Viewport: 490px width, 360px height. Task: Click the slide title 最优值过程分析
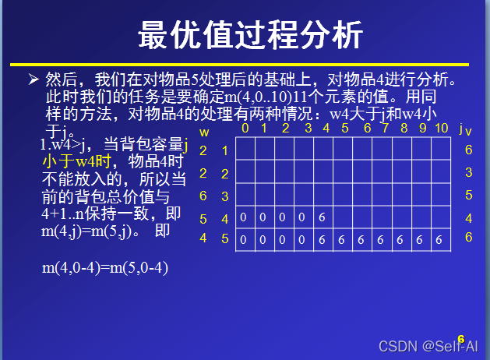pos(250,35)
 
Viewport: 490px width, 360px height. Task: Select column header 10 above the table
pos(441,128)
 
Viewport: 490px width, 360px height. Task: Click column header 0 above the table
pos(245,128)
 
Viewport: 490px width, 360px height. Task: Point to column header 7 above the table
pos(366,128)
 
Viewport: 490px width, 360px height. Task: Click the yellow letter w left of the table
pos(204,132)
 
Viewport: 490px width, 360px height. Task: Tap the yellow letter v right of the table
pos(469,132)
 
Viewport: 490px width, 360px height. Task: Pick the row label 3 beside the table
pos(225,196)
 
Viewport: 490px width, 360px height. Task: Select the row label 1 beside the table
pos(225,150)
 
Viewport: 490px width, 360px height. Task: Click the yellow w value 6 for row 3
pos(203,196)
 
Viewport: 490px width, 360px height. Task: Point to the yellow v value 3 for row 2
pos(469,172)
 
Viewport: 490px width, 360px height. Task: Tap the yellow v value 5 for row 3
pos(469,195)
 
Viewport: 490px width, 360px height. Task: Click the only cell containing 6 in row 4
pos(322,217)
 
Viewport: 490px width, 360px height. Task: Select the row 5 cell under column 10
pos(439,240)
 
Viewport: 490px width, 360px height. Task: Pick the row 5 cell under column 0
pos(244,240)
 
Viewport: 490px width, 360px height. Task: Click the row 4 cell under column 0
pos(244,217)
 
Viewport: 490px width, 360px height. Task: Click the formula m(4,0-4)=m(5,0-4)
pos(105,268)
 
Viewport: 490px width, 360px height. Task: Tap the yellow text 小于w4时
pos(78,161)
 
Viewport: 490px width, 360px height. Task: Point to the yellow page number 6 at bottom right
pos(461,339)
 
